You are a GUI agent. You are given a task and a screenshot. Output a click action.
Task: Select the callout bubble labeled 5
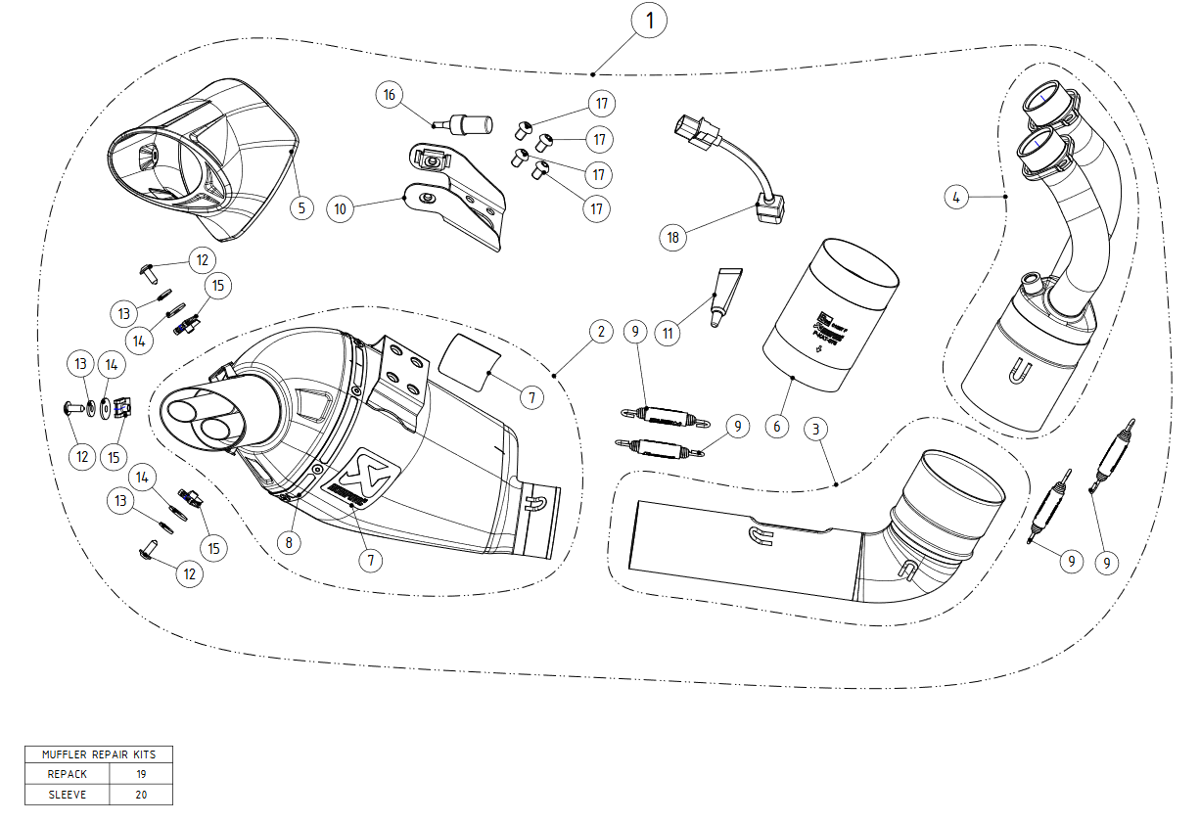pos(301,207)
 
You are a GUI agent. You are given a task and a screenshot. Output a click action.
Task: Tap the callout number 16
pos(390,95)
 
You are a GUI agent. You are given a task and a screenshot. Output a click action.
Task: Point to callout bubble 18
pos(673,237)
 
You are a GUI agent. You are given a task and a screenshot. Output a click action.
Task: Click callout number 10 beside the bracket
pos(340,208)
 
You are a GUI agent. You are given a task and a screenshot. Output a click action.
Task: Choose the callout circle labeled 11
pos(669,333)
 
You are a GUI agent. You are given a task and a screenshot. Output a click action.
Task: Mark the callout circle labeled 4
pos(957,198)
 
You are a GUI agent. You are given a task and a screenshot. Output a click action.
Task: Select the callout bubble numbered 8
pos(289,541)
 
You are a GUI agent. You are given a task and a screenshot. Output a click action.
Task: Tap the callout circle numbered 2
pos(601,332)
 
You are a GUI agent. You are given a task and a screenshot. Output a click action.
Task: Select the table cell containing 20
pos(141,795)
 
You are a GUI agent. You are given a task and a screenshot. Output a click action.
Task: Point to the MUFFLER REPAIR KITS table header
pos(99,754)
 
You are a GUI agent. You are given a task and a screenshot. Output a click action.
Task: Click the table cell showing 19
pos(141,774)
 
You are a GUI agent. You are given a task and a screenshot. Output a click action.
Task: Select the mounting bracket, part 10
pos(455,196)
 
